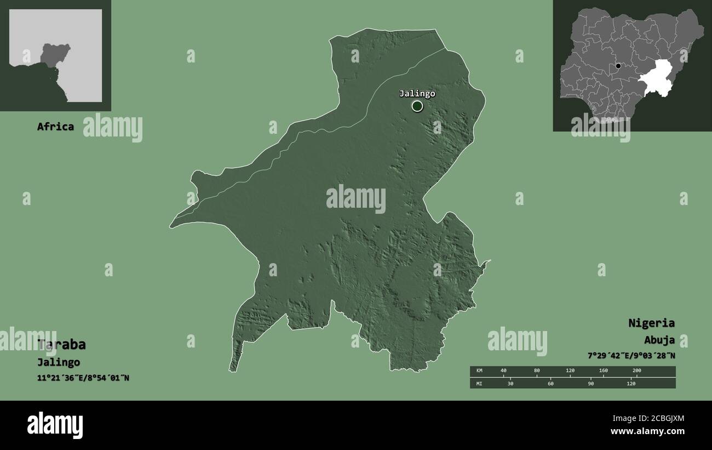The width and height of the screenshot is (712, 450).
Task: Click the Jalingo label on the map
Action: (417, 94)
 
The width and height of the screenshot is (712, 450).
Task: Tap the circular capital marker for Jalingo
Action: (417, 106)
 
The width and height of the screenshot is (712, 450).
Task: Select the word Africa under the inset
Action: (55, 127)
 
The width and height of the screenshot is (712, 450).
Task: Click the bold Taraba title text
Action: (61, 345)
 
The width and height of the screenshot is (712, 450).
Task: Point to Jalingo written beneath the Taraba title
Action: (59, 362)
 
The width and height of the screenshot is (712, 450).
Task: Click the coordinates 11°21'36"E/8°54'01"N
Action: (83, 378)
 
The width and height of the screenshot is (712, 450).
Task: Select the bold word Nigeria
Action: (651, 323)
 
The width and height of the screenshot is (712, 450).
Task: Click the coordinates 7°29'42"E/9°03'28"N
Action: (631, 356)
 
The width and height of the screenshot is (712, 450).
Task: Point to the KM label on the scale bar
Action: (480, 371)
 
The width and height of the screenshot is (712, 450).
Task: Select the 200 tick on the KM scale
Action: (636, 371)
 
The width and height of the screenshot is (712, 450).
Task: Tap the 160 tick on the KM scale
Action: (603, 371)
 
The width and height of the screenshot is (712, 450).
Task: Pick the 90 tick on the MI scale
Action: (590, 384)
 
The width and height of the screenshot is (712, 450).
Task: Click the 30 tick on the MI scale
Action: (510, 384)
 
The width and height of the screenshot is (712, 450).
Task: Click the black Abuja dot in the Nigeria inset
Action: (618, 66)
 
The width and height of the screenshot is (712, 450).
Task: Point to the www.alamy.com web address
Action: (647, 431)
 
